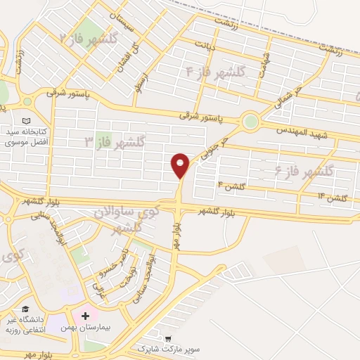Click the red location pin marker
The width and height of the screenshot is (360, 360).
point(180,165)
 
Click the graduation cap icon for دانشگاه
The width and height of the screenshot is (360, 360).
point(26,309)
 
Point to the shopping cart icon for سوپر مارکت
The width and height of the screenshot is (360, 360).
point(167,338)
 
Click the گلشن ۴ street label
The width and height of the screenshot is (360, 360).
point(231,185)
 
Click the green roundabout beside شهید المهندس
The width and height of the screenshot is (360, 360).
point(250,122)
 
